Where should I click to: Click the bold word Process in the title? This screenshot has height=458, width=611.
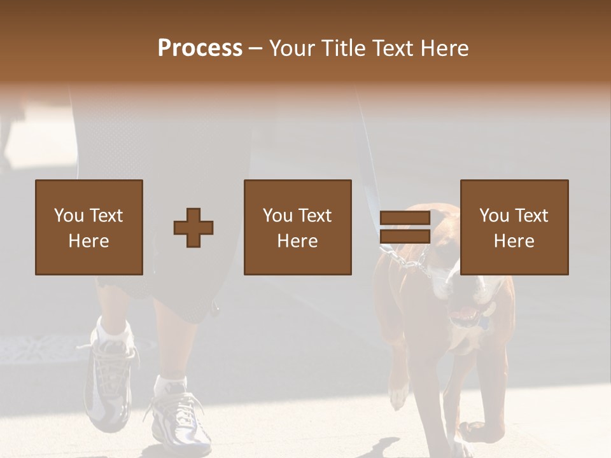(x=200, y=48)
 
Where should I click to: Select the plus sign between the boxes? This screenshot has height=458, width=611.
(x=193, y=228)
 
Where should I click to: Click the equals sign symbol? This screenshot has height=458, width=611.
(x=405, y=228)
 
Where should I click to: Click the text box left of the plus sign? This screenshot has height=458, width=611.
(x=89, y=227)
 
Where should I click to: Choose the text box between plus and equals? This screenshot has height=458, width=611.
(x=298, y=227)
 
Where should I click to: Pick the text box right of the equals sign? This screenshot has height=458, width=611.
(x=514, y=227)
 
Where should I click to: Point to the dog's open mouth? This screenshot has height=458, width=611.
(x=465, y=315)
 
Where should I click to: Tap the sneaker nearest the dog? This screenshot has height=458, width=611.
(x=181, y=420)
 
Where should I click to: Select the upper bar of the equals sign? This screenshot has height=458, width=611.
(x=405, y=218)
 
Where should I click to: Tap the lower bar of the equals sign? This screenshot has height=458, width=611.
(x=405, y=237)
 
